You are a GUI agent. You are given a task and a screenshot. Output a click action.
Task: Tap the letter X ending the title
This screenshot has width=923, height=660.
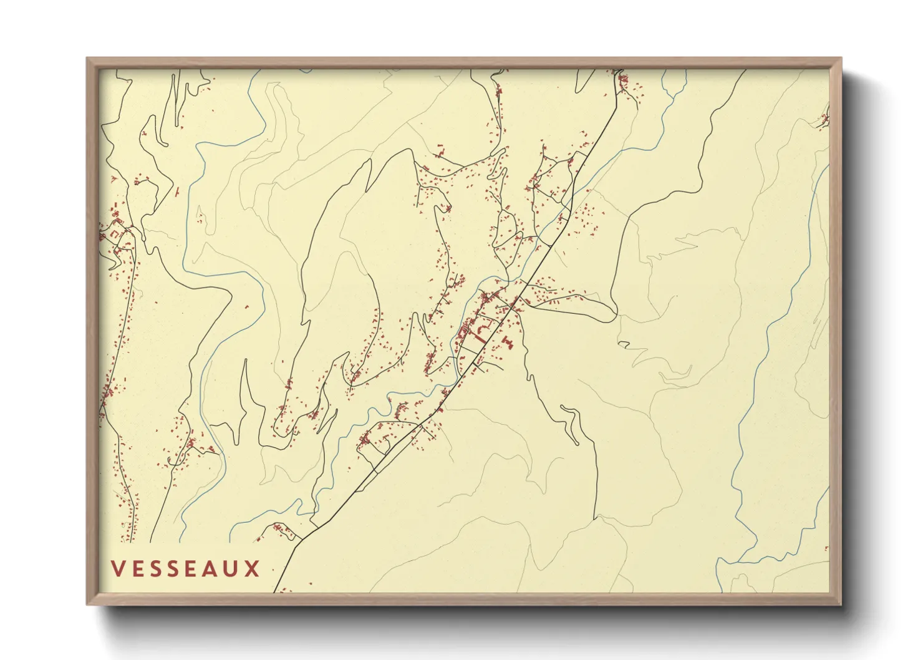(253, 569)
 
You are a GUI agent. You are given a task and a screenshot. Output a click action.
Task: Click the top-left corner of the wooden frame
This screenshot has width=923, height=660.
(87, 59)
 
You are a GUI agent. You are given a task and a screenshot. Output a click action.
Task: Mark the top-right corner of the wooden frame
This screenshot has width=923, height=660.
(841, 59)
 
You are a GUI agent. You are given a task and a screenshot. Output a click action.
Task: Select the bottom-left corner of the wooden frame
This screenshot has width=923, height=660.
(87, 604)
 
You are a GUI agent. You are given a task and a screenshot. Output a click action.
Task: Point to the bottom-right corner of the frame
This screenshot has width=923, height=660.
(841, 604)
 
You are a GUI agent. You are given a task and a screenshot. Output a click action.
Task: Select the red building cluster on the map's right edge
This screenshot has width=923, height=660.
(824, 120)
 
